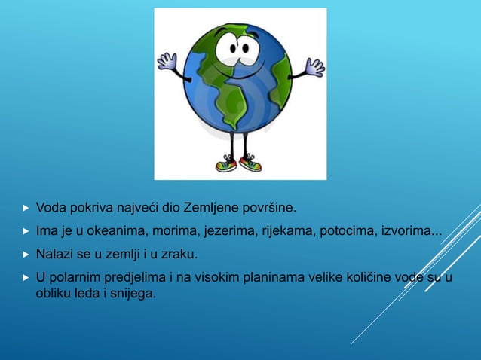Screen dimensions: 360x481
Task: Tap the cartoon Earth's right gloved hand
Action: pyautogui.click(x=314, y=67)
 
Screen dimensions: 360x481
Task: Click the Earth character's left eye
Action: pyautogui.click(x=226, y=50)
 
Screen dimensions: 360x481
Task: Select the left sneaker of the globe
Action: pyautogui.click(x=225, y=163)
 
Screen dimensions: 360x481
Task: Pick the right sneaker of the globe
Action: pyautogui.click(x=250, y=163)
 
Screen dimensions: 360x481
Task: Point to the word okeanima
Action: pyautogui.click(x=106, y=230)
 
